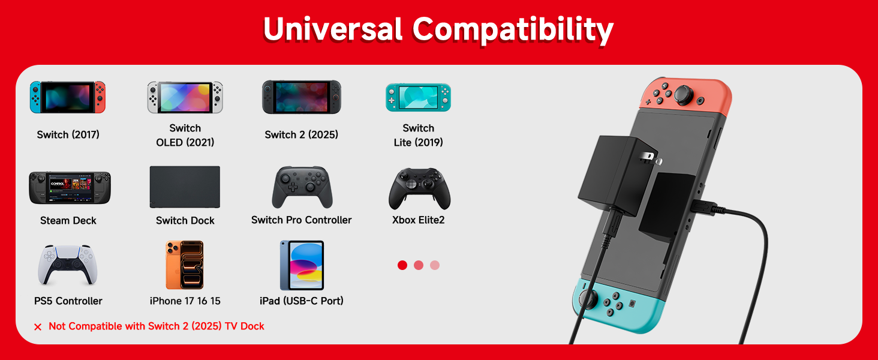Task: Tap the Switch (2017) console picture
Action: point(68,97)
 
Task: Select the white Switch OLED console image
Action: point(185,97)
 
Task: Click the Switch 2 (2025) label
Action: point(301,135)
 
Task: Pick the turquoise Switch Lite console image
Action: point(418,97)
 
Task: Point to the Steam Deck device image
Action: point(70,188)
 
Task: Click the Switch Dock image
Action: point(185,187)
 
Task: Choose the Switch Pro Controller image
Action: point(302,187)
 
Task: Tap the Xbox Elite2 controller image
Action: point(419,188)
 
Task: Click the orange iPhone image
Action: point(185,265)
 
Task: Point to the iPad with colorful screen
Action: point(302,265)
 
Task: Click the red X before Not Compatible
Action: point(38,327)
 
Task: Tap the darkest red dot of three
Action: point(402,265)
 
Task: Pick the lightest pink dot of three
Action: point(435,265)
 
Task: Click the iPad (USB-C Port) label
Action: point(302,301)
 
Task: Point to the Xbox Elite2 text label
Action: point(419,220)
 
